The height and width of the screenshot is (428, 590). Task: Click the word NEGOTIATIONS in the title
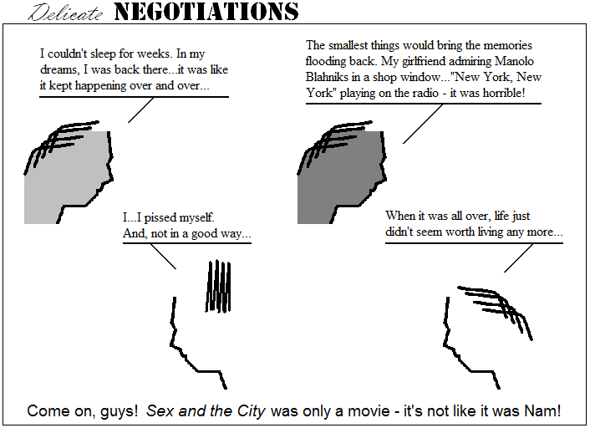pos(206,12)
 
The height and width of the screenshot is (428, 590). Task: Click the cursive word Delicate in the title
pos(65,13)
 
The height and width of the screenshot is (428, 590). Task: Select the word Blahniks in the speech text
pos(327,77)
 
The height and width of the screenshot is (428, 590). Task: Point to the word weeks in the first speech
pos(155,53)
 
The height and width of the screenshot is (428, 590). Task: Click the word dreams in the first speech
pos(60,69)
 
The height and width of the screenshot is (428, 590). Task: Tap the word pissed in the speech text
pos(160,217)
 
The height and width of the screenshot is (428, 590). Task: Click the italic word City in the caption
pos(252,410)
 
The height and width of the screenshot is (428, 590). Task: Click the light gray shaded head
pos(66,177)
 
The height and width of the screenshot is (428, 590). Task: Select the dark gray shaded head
pos(338,177)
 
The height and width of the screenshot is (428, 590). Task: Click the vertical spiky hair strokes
pos(218,287)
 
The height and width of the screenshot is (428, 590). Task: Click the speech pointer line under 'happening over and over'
pos(140,110)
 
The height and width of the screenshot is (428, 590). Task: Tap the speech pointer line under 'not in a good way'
pos(163,257)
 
